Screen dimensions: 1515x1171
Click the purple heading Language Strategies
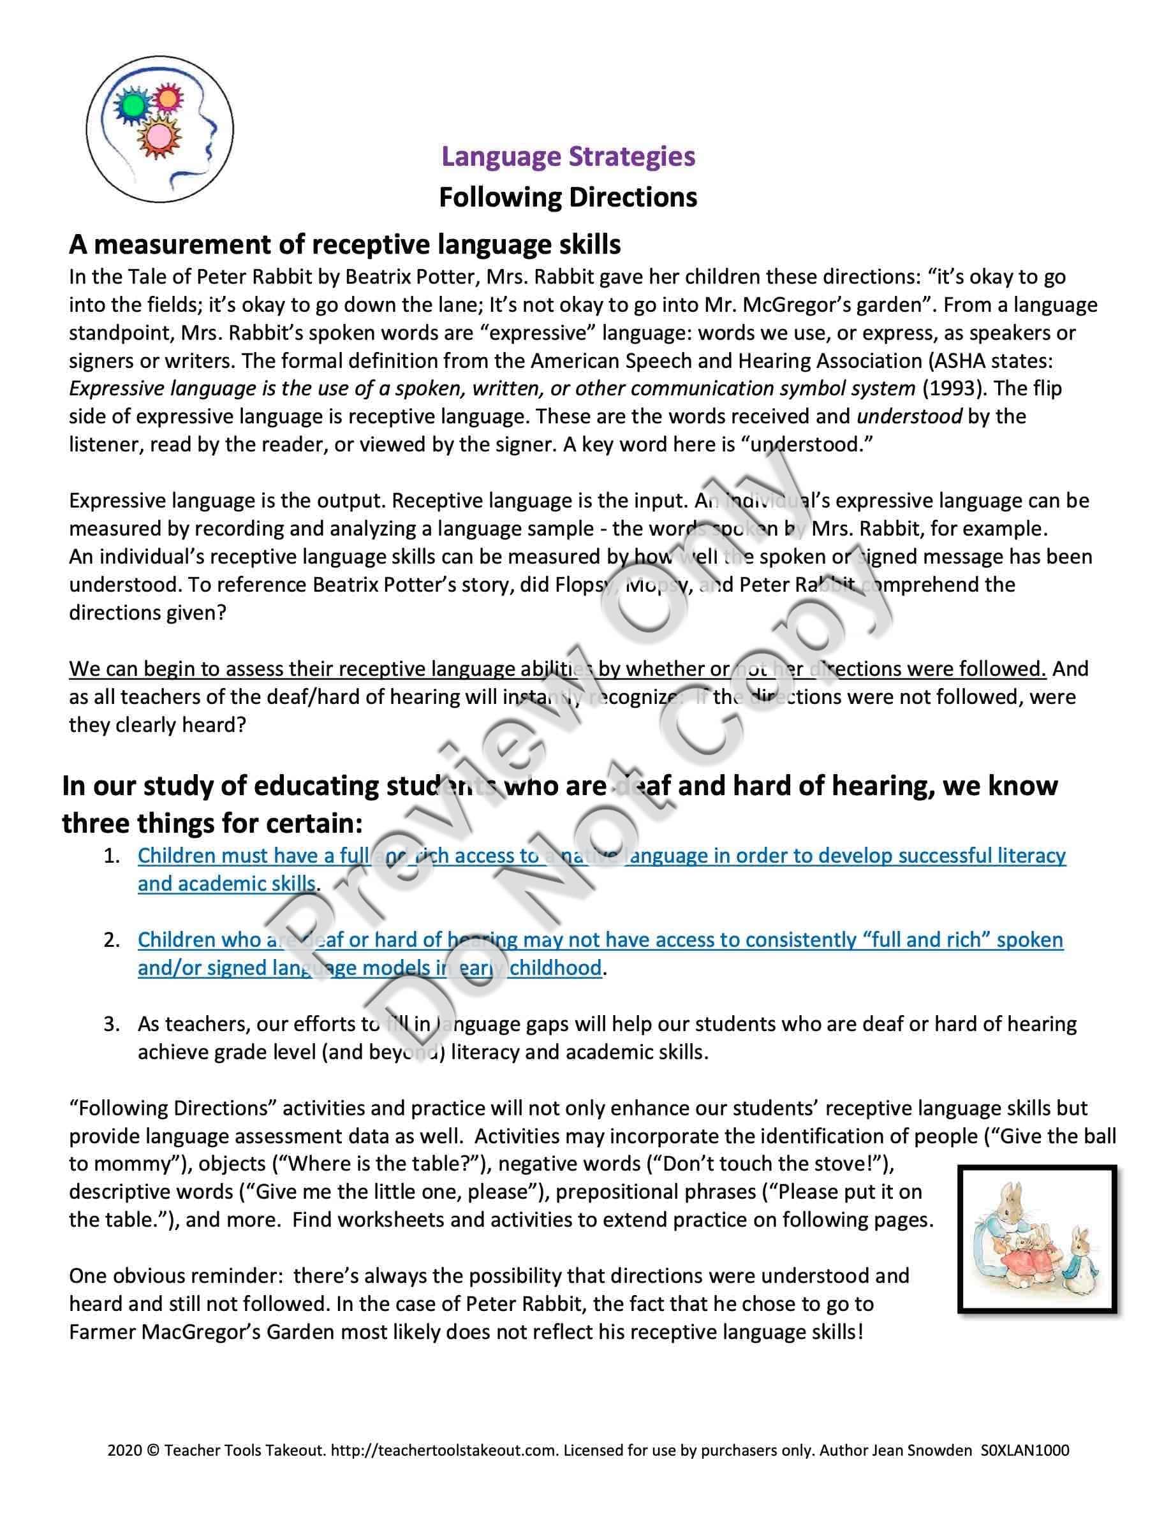(568, 156)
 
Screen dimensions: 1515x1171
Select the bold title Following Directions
(568, 198)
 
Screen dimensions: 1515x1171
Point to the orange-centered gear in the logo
(167, 98)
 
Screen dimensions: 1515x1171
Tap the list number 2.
(112, 940)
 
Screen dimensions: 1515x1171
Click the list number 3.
(112, 1024)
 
